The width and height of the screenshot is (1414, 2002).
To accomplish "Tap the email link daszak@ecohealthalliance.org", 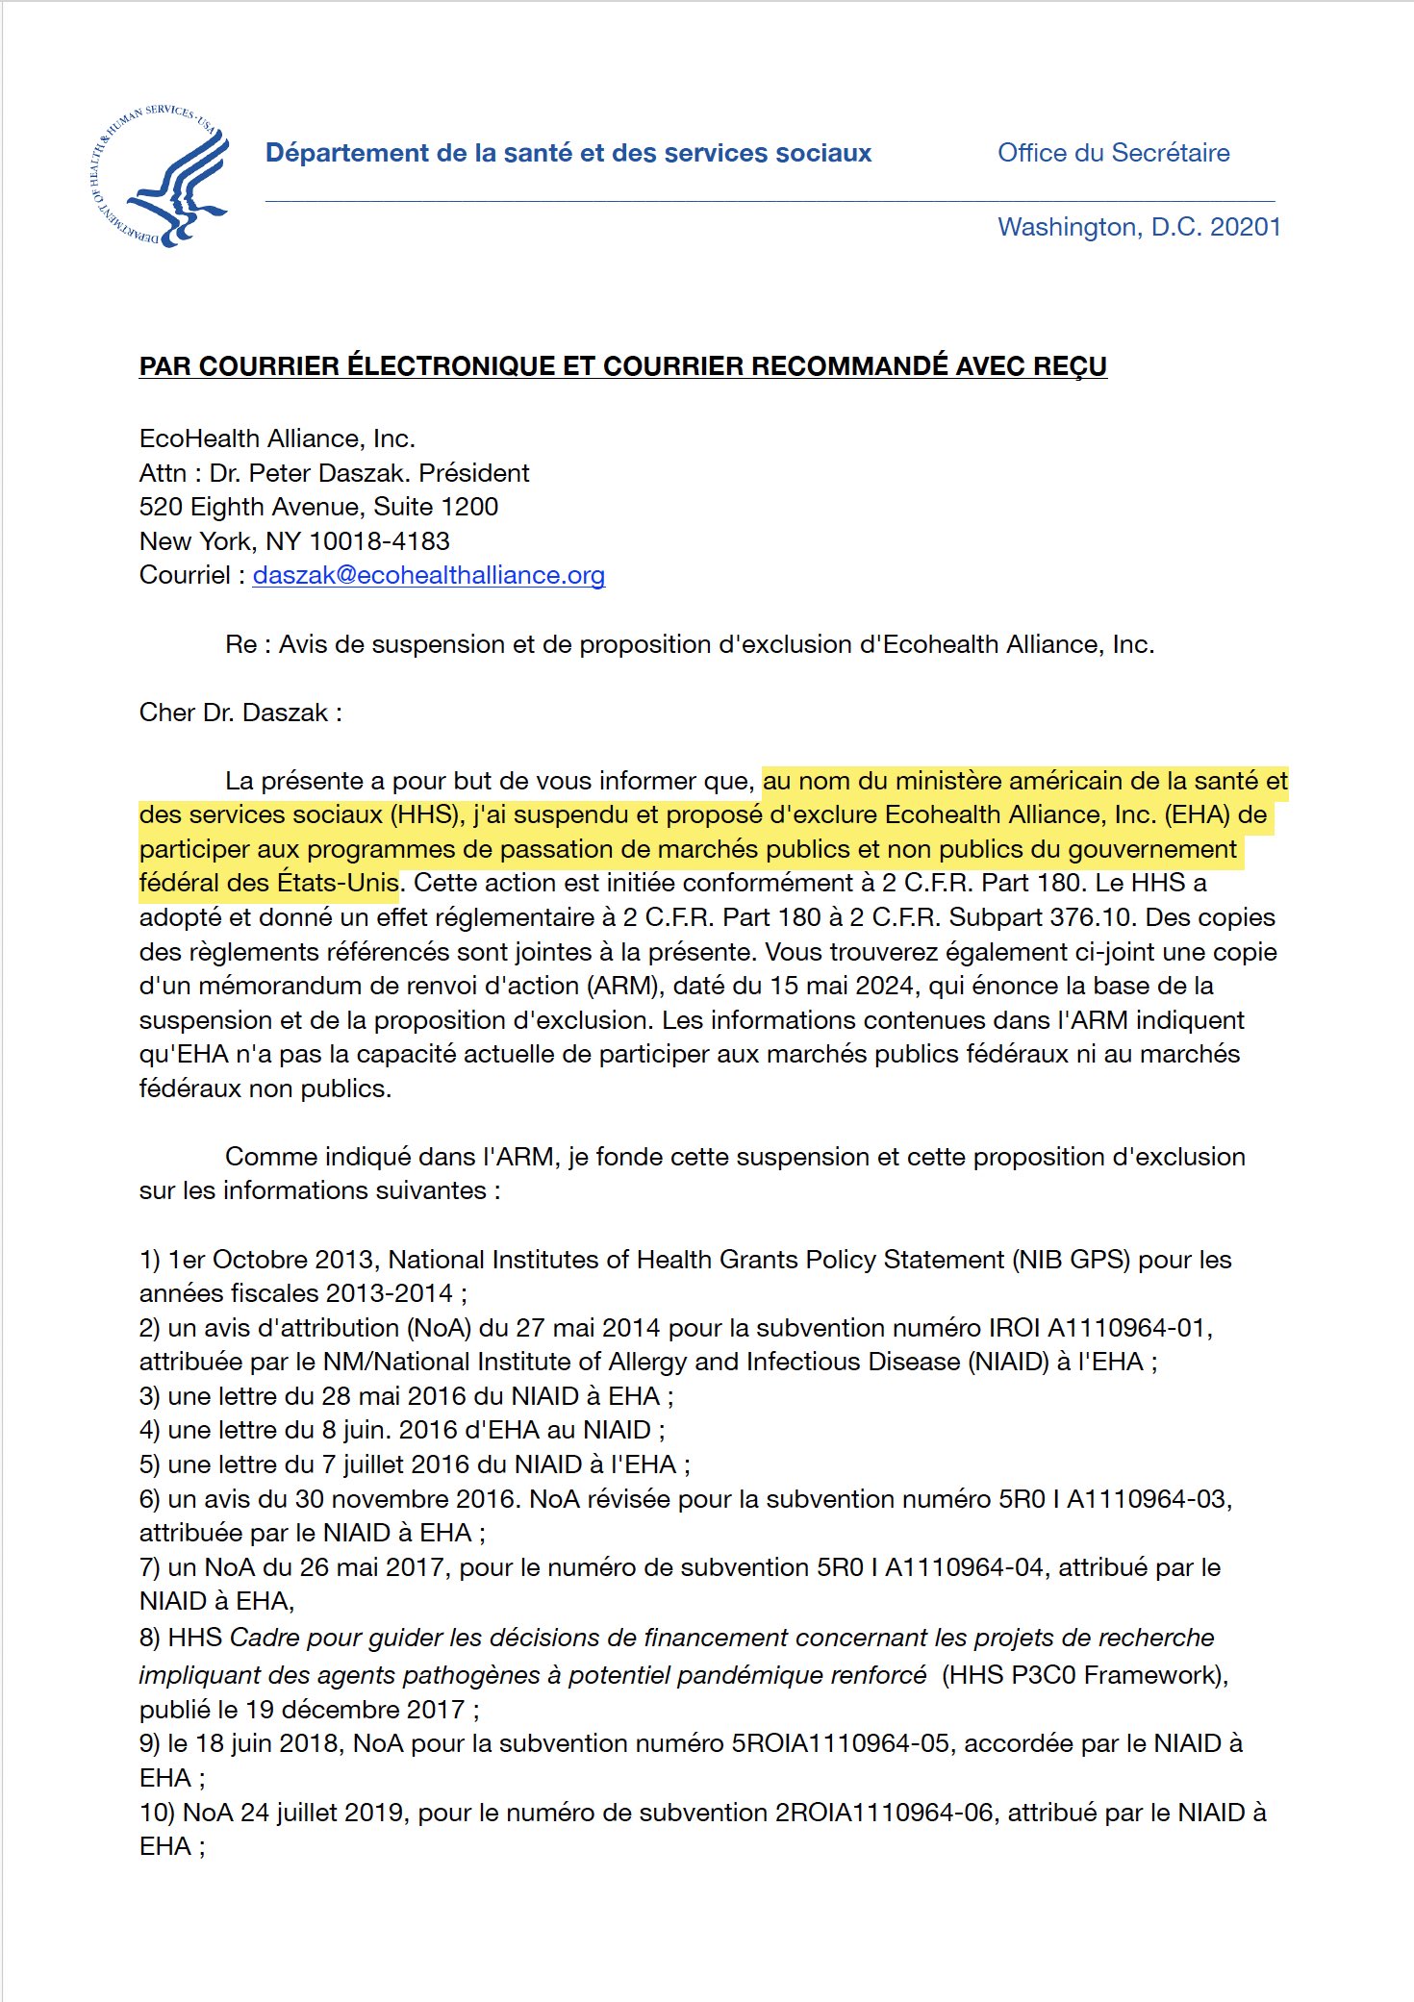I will [x=428, y=575].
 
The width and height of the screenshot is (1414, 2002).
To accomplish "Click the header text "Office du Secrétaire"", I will [x=1113, y=153].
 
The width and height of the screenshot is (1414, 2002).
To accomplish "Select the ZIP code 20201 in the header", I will [x=1245, y=227].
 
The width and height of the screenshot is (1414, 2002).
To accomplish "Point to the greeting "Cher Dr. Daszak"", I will [x=234, y=713].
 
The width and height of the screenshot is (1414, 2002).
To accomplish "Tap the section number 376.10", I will [x=1094, y=917].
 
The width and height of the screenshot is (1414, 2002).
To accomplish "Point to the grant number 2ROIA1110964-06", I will [x=884, y=1813].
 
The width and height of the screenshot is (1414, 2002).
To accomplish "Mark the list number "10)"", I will [x=156, y=1813].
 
